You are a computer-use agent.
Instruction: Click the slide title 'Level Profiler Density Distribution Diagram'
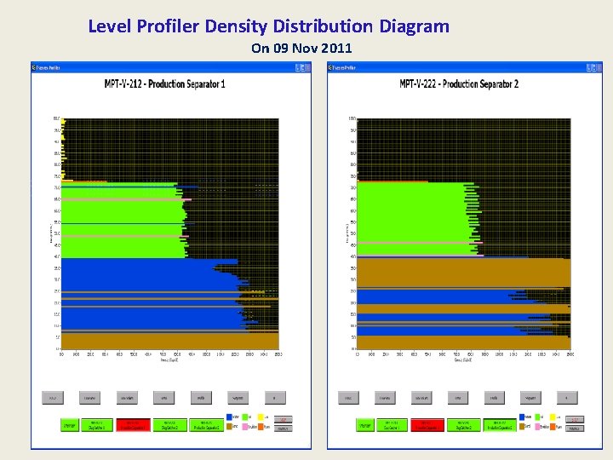(268, 26)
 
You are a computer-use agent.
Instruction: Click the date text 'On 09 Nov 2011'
(301, 49)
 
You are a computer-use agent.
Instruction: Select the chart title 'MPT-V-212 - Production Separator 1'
(164, 83)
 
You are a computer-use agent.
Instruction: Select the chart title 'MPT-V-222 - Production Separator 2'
(459, 83)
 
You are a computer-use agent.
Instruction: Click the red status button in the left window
(133, 423)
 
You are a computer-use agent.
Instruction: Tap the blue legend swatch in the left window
(231, 417)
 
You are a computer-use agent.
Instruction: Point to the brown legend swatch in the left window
(231, 426)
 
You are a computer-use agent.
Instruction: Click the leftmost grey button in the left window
(53, 398)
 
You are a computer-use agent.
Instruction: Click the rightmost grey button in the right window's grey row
(568, 398)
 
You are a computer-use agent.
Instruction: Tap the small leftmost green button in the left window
(68, 423)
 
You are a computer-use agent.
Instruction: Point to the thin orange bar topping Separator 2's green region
(392, 181)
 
